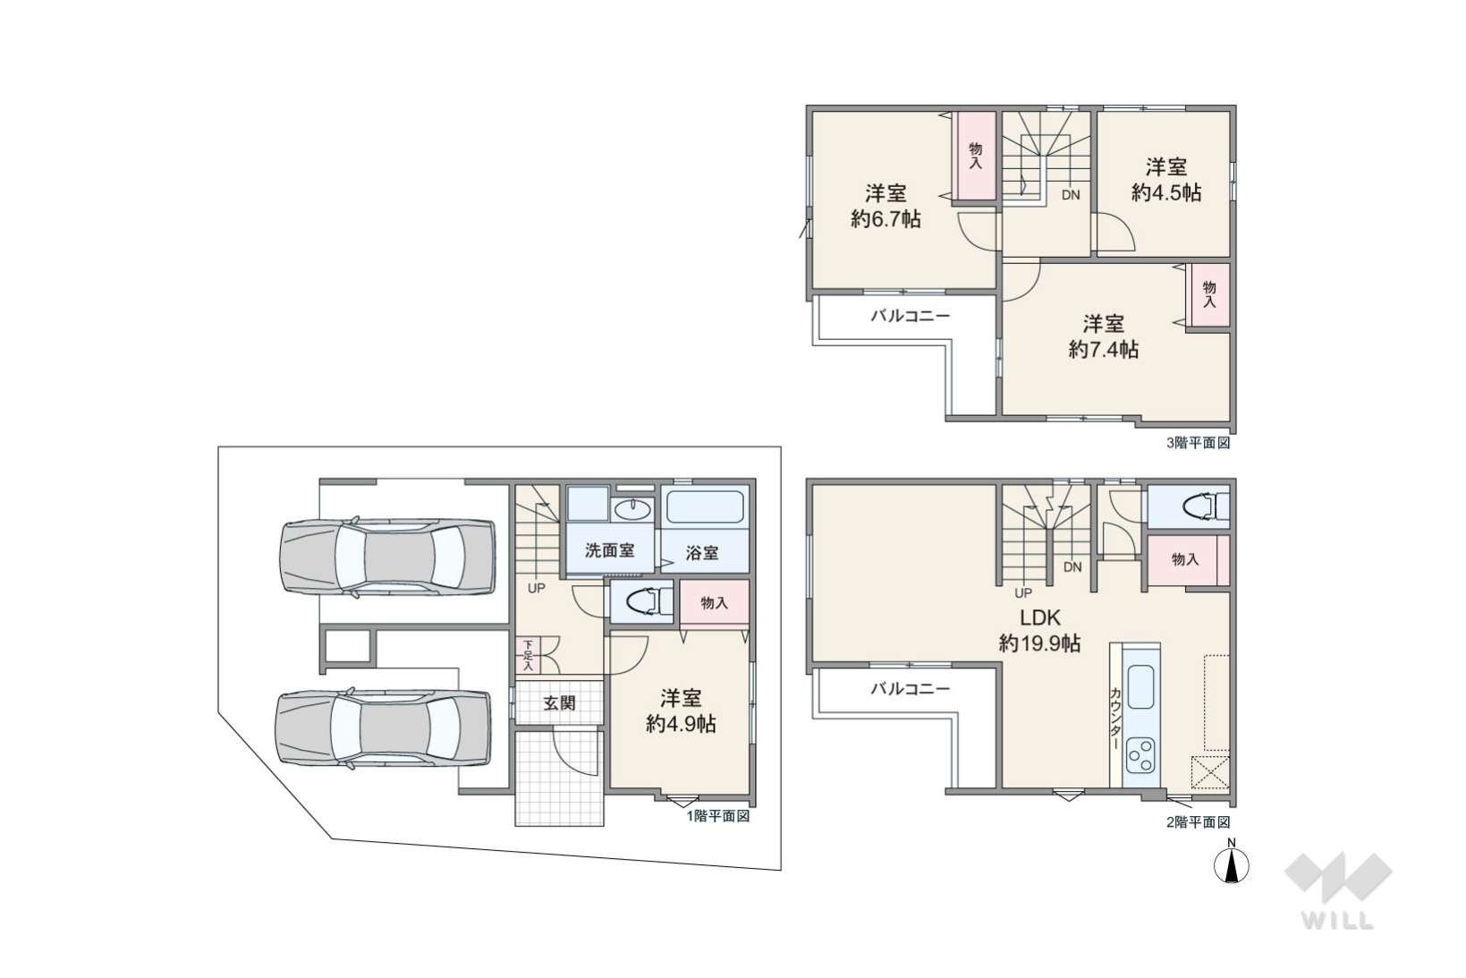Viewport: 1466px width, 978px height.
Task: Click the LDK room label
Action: (1040, 617)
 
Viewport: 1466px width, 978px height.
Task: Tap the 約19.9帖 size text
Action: (1039, 643)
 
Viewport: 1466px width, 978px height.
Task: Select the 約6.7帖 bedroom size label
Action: (886, 218)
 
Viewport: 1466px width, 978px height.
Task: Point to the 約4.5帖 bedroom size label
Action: (1166, 192)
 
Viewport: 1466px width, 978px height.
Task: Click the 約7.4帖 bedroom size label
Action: (1104, 350)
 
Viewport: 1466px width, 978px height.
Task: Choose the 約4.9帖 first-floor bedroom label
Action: (681, 723)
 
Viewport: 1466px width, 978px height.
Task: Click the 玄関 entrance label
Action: (560, 703)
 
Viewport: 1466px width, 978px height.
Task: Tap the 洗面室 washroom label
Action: (609, 550)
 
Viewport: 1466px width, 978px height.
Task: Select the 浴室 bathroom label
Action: (701, 553)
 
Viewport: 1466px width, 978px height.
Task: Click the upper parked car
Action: (387, 557)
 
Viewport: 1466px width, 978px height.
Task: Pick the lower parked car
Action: (384, 727)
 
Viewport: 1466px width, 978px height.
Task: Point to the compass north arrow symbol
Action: (1231, 866)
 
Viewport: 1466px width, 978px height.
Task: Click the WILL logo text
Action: (1338, 921)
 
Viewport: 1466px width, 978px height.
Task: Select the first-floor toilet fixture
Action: (648, 600)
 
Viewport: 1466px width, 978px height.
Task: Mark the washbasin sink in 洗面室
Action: (633, 507)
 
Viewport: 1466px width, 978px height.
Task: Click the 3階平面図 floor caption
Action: (1198, 443)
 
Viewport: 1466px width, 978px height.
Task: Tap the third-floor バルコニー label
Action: (910, 316)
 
